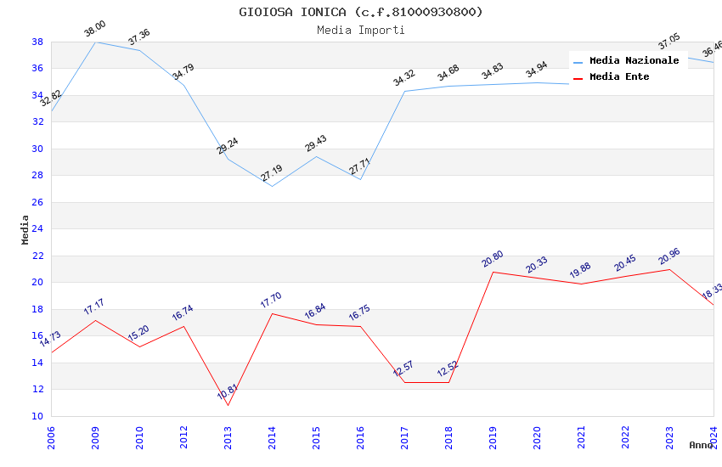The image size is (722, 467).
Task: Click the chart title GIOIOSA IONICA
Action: coord(361,12)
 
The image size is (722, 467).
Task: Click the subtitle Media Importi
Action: coord(361,30)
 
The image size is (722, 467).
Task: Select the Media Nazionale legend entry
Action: coord(634,60)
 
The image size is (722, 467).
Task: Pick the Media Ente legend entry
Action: coord(619,76)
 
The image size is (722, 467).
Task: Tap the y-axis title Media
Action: coord(25,229)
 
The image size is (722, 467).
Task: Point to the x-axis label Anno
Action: coord(701,445)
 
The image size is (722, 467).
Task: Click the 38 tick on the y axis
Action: coord(37,42)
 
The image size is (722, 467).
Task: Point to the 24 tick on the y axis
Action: coord(37,228)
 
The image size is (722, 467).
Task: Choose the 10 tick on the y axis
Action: coord(37,416)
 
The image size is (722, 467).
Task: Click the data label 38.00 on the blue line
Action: coord(94,29)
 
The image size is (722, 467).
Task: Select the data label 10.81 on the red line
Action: coord(228,392)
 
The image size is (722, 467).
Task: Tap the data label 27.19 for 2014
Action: coord(272,173)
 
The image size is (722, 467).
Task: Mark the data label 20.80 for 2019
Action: coord(493,259)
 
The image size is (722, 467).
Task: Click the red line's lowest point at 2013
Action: coord(228,405)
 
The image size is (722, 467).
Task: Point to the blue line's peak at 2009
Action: coord(95,42)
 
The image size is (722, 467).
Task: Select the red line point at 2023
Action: coord(669,269)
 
